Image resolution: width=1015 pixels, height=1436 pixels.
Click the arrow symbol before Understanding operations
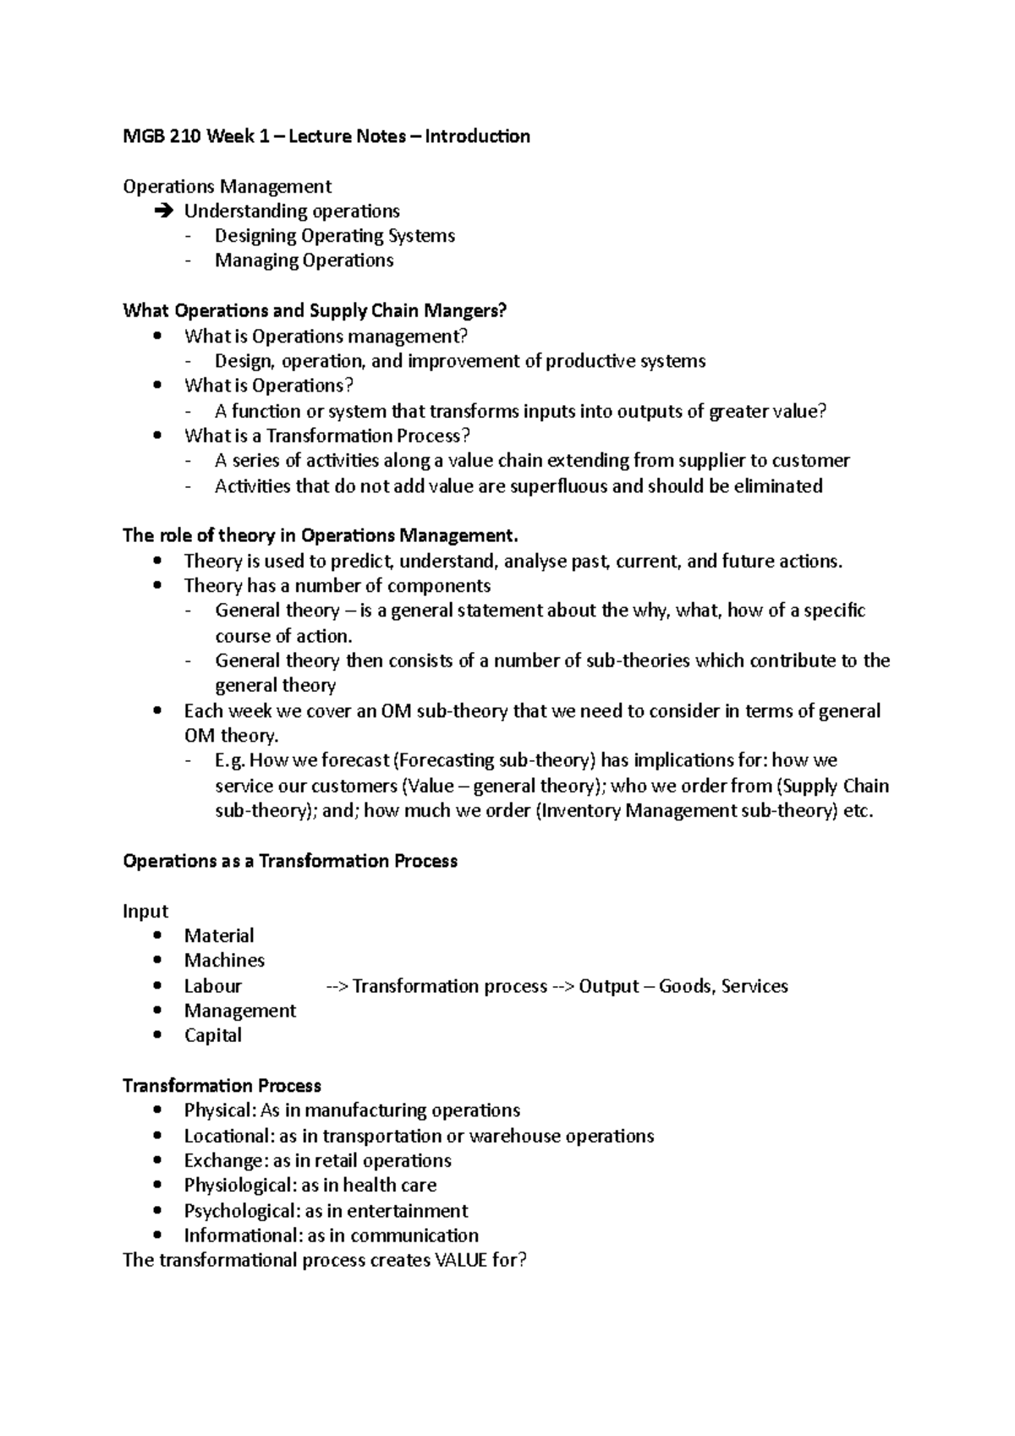click(x=163, y=211)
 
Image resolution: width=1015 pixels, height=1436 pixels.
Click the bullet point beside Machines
click(x=157, y=961)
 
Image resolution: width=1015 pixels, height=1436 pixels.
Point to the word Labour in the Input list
click(x=212, y=986)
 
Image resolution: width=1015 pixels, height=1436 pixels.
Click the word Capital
click(x=212, y=1036)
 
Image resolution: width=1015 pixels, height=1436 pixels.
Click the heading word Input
click(x=145, y=912)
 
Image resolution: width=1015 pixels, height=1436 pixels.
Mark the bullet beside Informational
click(x=157, y=1236)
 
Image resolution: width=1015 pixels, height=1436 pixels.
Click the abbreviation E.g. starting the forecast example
click(x=230, y=761)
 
